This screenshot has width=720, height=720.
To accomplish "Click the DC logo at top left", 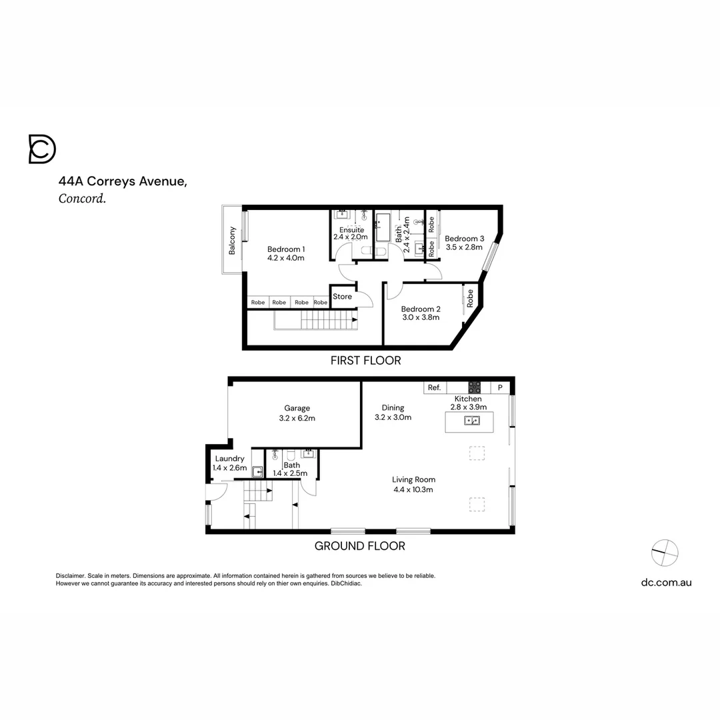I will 42,149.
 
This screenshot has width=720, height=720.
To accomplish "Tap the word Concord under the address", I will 82,198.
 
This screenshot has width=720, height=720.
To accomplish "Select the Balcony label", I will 233,241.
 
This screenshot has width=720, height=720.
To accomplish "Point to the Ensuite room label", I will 351,230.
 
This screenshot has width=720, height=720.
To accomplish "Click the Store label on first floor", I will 342,297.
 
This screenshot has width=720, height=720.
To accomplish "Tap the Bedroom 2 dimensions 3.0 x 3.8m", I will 421,317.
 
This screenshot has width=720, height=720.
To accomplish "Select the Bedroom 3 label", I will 465,239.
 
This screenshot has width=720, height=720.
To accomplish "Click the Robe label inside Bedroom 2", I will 470,297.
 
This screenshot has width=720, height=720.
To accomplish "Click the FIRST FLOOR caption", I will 366,361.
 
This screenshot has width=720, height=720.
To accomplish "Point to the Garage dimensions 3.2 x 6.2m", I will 297,419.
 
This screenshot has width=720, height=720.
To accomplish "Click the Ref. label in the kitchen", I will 435,387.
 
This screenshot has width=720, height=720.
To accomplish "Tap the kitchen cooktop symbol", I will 475,387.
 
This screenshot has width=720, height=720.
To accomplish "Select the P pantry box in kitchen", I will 500,387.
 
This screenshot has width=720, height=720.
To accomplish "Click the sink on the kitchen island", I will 473,421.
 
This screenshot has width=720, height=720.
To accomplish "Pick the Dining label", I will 393,408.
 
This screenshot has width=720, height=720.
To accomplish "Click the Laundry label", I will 229,459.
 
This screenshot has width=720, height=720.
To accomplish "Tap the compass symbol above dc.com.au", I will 665,550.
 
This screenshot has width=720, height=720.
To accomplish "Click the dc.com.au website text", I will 666,582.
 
